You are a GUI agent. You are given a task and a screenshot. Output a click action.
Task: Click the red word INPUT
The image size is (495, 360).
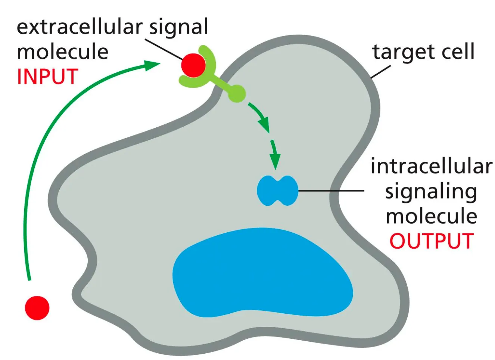pos(47,77)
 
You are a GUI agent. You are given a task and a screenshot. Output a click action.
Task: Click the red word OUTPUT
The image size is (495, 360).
pos(432,241)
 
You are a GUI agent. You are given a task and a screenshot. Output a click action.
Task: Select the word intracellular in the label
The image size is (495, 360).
pos(431,166)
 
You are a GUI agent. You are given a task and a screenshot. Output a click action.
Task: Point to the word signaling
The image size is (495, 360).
pos(431,192)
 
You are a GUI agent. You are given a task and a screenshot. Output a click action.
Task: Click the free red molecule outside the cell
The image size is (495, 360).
pos(37,308)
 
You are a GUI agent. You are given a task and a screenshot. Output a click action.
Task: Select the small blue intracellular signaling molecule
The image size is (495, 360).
pos(277,191)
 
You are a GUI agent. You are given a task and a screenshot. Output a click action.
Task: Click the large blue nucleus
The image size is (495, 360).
pos(261,273)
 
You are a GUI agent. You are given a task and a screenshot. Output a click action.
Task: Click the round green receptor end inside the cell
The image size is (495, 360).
pos(237,93)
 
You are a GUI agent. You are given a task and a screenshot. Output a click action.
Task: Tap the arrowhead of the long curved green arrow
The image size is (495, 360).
pos(152,65)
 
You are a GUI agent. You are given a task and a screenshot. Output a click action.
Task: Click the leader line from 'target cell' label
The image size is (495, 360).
pos(380,72)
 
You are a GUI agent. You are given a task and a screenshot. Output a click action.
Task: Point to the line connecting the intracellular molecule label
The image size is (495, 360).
pos(331,191)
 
